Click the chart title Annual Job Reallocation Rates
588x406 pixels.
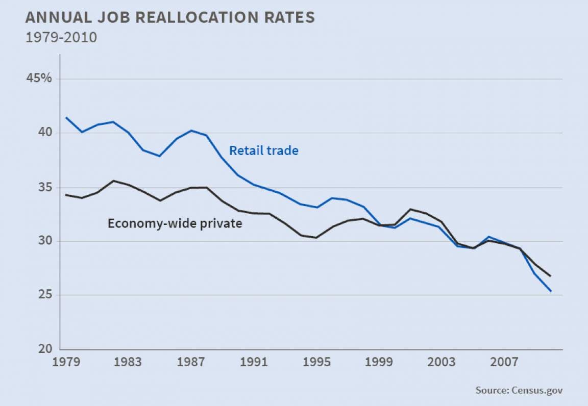click(x=170, y=18)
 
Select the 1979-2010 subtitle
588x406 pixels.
click(x=61, y=38)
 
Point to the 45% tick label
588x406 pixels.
click(x=40, y=79)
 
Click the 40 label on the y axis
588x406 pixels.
click(x=43, y=133)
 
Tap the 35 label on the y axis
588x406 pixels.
click(x=43, y=187)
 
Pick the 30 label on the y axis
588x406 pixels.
click(x=43, y=241)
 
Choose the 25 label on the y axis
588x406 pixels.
click(x=43, y=295)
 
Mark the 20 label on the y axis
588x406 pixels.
click(x=43, y=349)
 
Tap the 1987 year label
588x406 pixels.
click(x=191, y=362)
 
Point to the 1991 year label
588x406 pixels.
click(x=254, y=362)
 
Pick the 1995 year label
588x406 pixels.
click(x=316, y=362)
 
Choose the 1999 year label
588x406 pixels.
click(x=379, y=362)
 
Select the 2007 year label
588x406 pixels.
click(x=504, y=362)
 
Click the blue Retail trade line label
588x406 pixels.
click(x=263, y=150)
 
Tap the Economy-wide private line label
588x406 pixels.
click(x=175, y=223)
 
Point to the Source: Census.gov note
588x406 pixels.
click(x=519, y=390)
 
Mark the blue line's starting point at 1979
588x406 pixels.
click(x=66, y=118)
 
